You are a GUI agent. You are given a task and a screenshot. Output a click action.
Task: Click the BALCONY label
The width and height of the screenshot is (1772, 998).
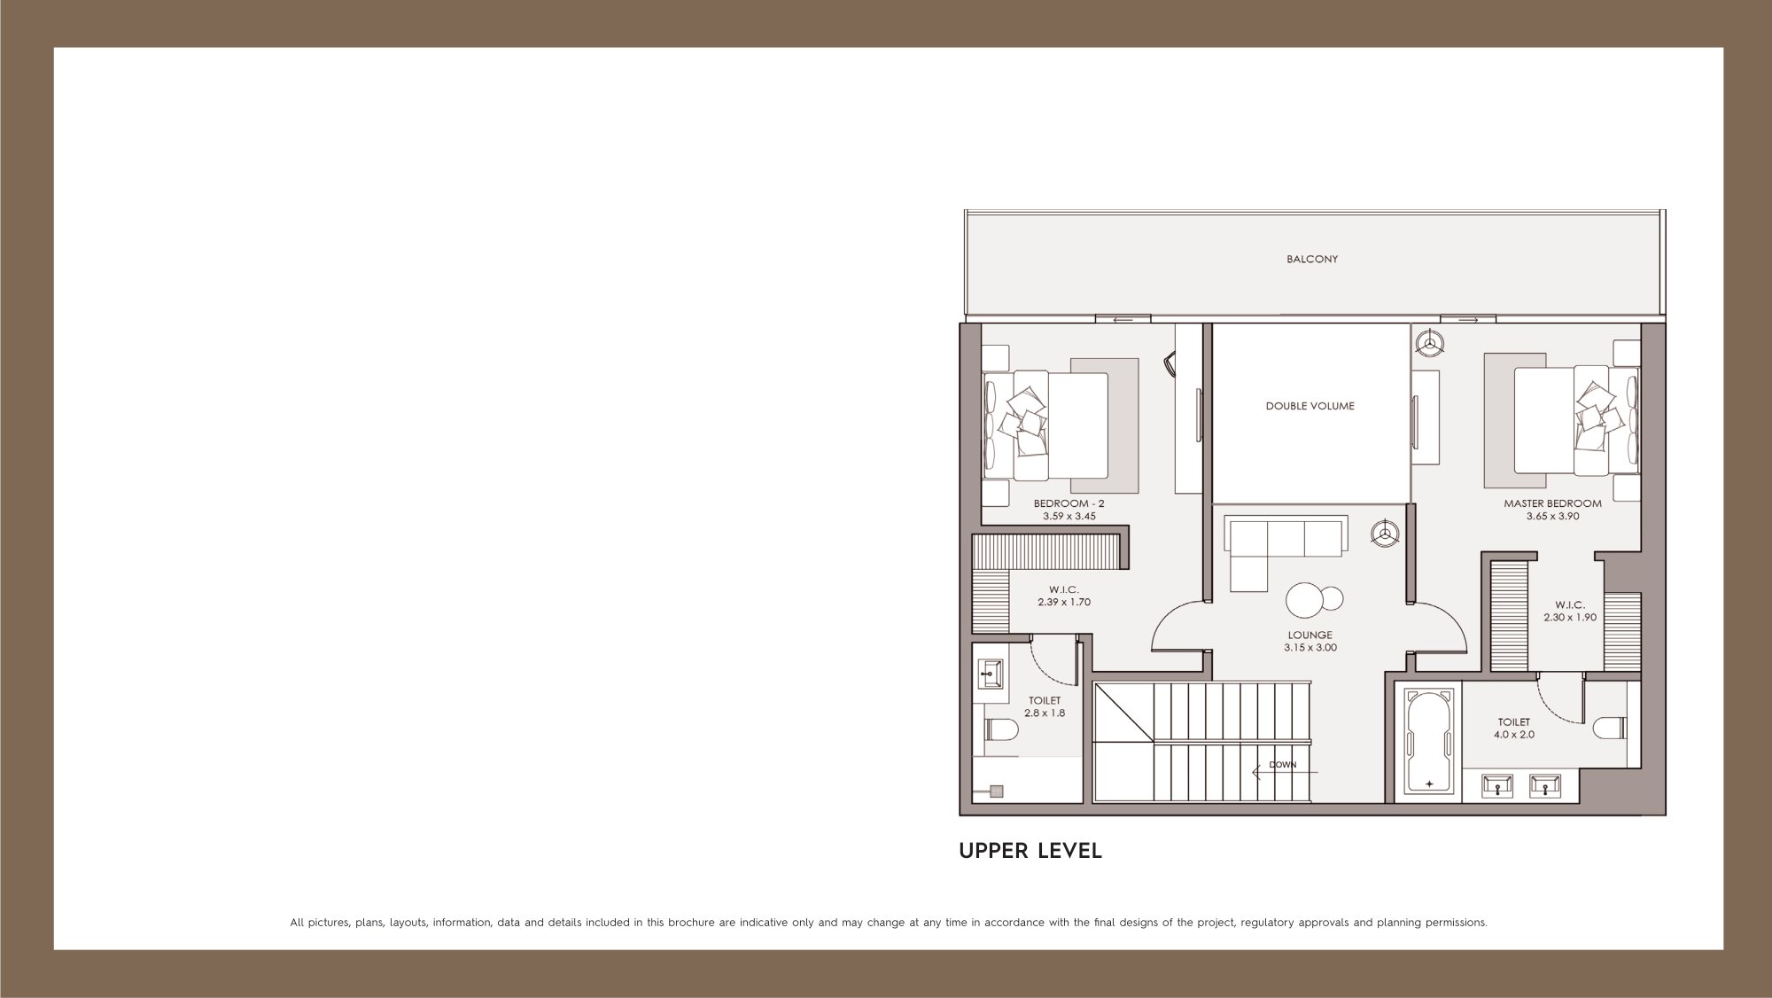(1312, 260)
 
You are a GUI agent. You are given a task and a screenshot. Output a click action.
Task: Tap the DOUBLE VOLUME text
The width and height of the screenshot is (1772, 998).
(1310, 406)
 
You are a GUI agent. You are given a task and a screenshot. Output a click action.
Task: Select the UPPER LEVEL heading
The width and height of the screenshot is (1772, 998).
(1030, 851)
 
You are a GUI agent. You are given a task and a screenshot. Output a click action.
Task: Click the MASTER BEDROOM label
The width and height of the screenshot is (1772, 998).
(1552, 503)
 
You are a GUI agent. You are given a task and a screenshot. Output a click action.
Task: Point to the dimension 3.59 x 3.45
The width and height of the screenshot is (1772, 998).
(1069, 516)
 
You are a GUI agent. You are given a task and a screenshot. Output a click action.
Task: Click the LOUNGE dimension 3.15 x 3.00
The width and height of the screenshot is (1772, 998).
(1310, 647)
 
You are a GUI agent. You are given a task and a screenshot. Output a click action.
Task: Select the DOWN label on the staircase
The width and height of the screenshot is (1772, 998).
(1282, 765)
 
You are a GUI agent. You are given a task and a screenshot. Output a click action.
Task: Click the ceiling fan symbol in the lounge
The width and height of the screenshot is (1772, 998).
(1385, 534)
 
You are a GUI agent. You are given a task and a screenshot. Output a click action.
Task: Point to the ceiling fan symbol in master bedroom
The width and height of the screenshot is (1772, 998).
(1427, 343)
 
